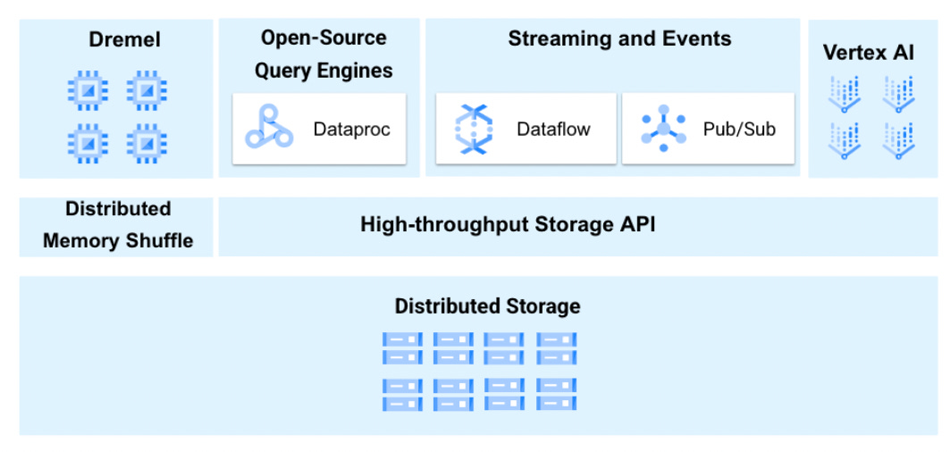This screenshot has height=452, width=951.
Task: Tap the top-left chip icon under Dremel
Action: pos(88,90)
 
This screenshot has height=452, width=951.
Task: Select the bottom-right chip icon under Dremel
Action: pos(147,142)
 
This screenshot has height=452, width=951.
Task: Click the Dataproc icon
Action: pos(269,128)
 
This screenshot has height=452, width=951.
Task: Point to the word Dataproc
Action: pos(351,129)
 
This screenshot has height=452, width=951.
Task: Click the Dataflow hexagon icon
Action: pos(474,129)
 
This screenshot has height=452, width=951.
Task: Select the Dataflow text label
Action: pos(553,129)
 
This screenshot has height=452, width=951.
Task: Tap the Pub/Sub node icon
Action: pos(663,129)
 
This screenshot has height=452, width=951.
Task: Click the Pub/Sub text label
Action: pos(739,129)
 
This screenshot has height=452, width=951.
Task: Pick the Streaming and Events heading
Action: pos(619,39)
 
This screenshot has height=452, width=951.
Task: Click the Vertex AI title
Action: pos(868,53)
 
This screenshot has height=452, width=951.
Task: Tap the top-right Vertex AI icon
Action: pos(897,94)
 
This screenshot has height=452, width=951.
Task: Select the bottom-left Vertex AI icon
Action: pos(844,140)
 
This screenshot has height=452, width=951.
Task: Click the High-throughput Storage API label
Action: pos(508,225)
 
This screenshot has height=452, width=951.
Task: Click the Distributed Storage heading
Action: pos(487,306)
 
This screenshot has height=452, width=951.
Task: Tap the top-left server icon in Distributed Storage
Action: pos(402,347)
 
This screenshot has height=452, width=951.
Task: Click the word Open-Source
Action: pos(324,38)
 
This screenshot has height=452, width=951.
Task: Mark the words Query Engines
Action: pos(324,71)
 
